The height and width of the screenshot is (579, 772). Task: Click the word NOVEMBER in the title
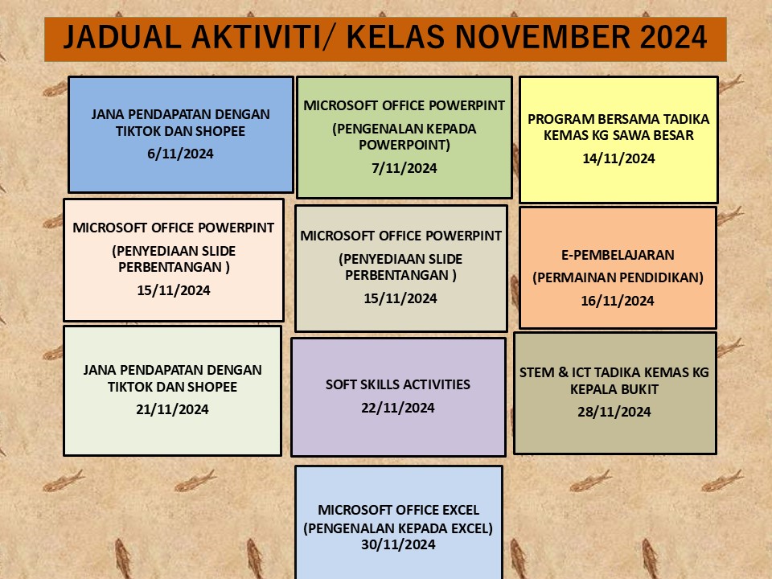pyautogui.click(x=542, y=37)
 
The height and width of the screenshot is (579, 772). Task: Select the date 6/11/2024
pyautogui.click(x=180, y=154)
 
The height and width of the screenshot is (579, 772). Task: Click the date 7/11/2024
pyautogui.click(x=404, y=168)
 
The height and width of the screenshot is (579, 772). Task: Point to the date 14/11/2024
pyautogui.click(x=618, y=158)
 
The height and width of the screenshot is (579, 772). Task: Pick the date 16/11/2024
pyautogui.click(x=618, y=301)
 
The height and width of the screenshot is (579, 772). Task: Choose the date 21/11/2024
pyautogui.click(x=172, y=409)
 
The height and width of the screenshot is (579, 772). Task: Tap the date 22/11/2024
pyautogui.click(x=398, y=408)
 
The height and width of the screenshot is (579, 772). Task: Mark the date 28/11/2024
pyautogui.click(x=614, y=412)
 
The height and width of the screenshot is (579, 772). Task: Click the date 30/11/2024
pyautogui.click(x=398, y=544)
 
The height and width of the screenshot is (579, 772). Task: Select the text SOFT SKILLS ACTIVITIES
pyautogui.click(x=398, y=384)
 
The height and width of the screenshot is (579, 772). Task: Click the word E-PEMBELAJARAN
pyautogui.click(x=618, y=255)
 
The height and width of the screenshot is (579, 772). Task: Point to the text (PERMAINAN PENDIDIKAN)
pyautogui.click(x=618, y=277)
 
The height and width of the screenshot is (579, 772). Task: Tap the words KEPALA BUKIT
pyautogui.click(x=614, y=389)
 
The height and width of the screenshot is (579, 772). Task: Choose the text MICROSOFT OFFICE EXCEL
pyautogui.click(x=398, y=510)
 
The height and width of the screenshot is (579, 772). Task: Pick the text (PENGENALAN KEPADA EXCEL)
pyautogui.click(x=398, y=528)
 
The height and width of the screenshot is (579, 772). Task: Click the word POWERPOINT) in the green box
pyautogui.click(x=404, y=146)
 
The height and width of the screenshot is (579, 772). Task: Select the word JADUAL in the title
pyautogui.click(x=122, y=37)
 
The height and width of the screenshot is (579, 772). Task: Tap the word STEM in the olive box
pyautogui.click(x=536, y=372)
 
